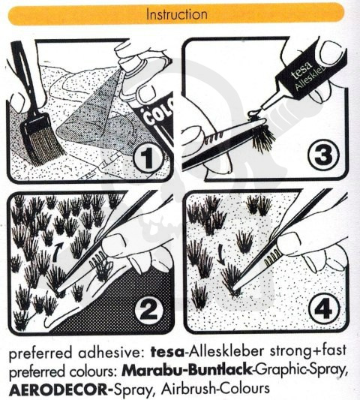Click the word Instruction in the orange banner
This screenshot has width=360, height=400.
pos(177,14)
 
